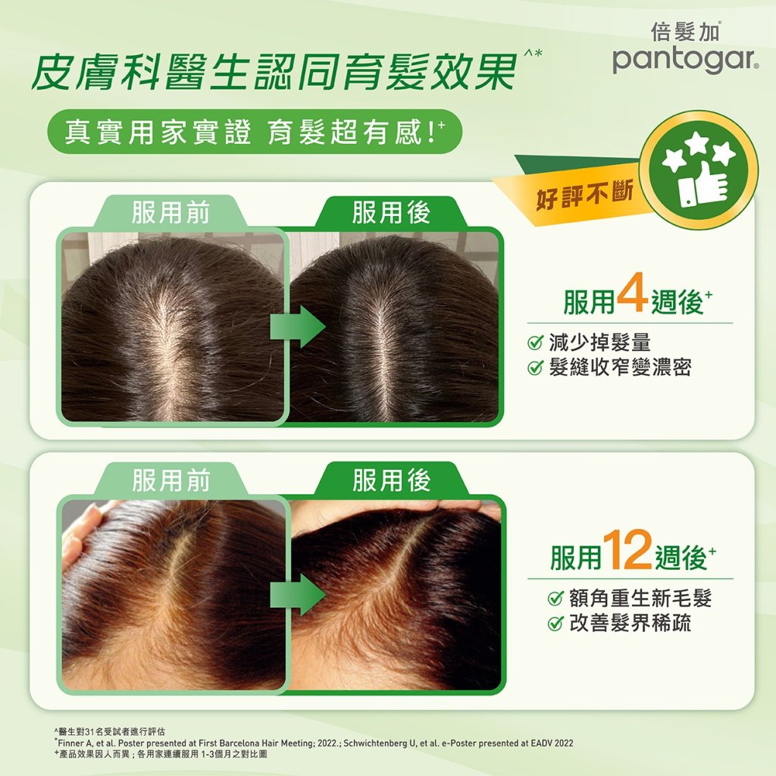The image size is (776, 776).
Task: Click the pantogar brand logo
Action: (685, 61)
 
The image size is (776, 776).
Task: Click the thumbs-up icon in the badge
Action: (702, 189)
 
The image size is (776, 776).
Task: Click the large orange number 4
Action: (633, 294)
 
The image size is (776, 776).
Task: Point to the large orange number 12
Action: (627, 549)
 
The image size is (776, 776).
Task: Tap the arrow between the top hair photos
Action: (298, 327)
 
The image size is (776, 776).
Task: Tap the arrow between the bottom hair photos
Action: (298, 595)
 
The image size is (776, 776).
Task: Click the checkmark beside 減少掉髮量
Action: (536, 343)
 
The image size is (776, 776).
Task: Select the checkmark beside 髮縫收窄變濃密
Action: (536, 368)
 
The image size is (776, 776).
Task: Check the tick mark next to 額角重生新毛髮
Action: (555, 599)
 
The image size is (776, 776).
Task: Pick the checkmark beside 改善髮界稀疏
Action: (555, 623)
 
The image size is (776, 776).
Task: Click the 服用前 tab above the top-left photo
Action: (170, 212)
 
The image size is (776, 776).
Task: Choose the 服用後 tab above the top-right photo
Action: (391, 212)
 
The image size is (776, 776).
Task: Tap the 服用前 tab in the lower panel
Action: (171, 480)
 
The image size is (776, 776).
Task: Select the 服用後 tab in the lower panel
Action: (392, 480)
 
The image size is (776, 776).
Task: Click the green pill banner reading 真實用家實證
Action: (255, 132)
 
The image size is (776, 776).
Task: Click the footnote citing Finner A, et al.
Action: (314, 743)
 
